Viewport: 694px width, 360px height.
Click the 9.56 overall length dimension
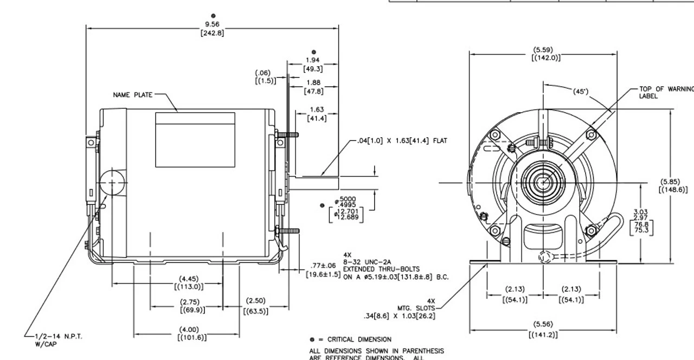[213, 25]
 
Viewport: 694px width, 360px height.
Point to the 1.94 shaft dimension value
[313, 60]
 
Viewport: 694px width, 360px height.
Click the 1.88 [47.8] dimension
[313, 83]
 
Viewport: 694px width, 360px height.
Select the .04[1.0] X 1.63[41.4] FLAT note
[403, 141]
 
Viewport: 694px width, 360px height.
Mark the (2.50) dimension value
[255, 300]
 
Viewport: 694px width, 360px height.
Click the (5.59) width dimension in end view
[543, 50]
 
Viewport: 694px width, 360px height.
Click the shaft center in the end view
[542, 183]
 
